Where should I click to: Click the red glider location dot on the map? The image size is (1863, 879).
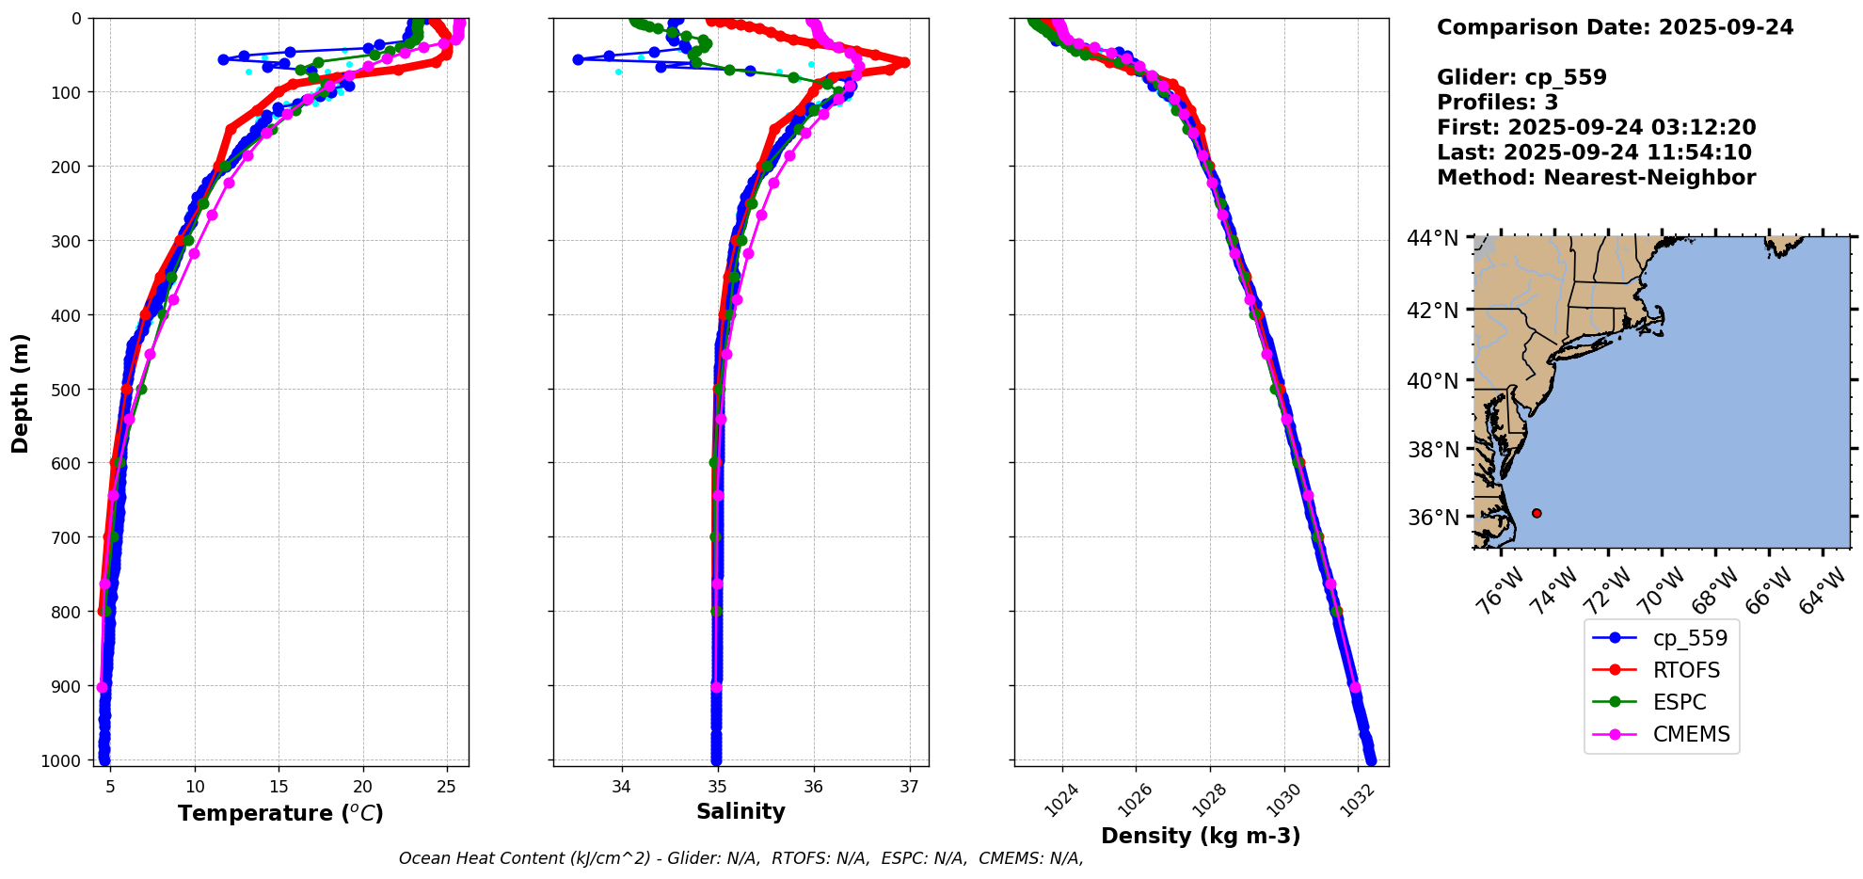(1537, 513)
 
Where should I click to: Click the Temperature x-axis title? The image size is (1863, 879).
(280, 813)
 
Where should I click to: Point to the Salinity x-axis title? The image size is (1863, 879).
(740, 811)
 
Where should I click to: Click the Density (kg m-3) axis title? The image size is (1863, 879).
(1201, 836)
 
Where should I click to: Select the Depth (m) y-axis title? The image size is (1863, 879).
(20, 392)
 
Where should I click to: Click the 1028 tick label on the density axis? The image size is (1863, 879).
(1209, 799)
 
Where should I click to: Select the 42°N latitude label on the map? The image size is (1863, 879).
(1433, 311)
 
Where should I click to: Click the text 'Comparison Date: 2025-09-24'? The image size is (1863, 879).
(1615, 27)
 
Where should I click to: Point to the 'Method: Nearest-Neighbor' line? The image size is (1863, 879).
(1596, 178)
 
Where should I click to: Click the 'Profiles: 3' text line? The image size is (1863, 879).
(1497, 103)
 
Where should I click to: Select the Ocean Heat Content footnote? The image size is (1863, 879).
(740, 858)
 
